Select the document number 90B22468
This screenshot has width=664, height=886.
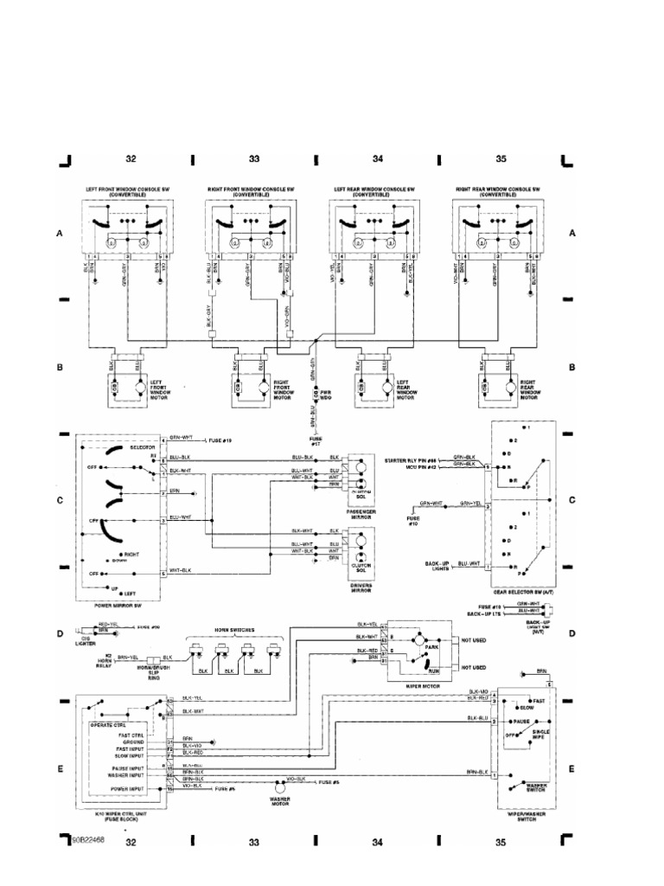(88, 840)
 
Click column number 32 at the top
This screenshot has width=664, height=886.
(131, 159)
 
